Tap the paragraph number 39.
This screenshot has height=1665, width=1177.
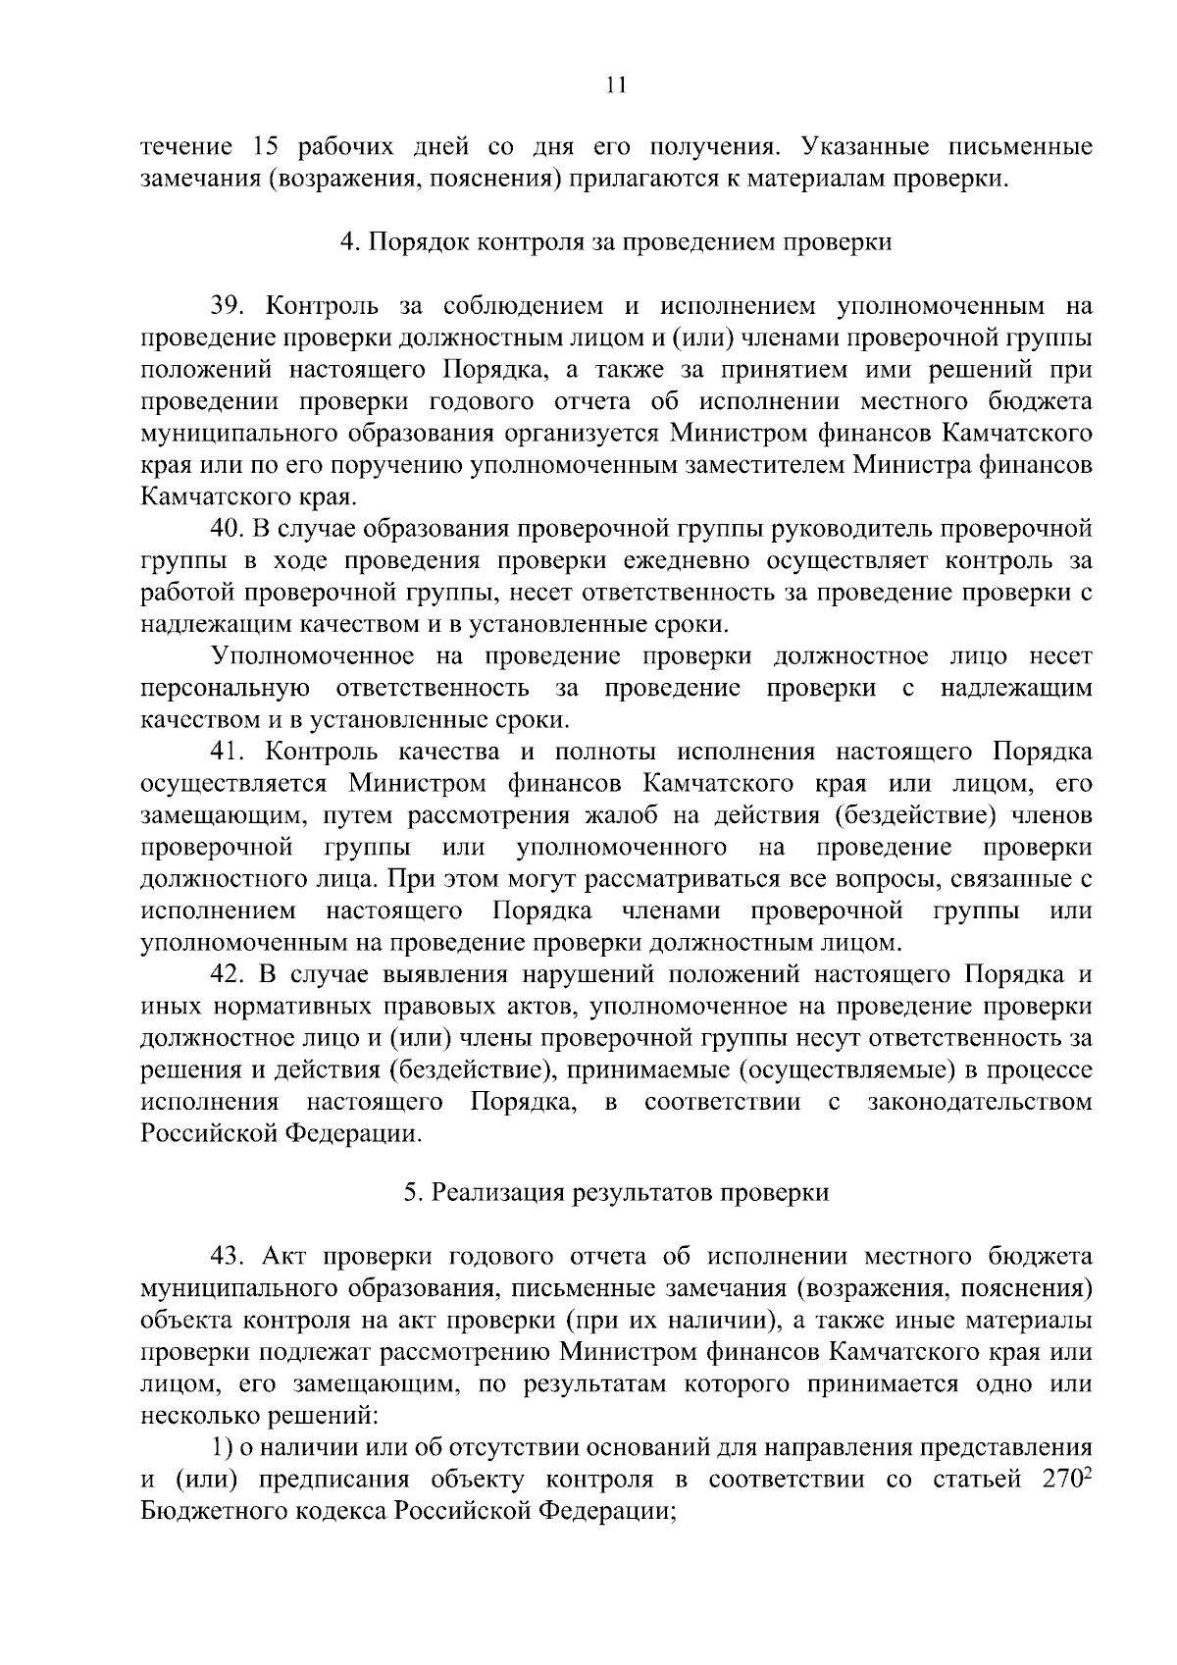(229, 307)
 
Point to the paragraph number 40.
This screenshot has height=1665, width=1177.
(230, 530)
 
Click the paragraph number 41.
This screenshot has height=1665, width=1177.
(229, 753)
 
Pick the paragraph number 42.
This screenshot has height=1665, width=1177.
(230, 975)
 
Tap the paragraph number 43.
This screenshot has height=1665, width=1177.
(230, 1258)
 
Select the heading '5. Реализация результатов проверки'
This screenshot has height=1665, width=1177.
(617, 1194)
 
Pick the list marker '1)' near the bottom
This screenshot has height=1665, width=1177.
(222, 1448)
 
